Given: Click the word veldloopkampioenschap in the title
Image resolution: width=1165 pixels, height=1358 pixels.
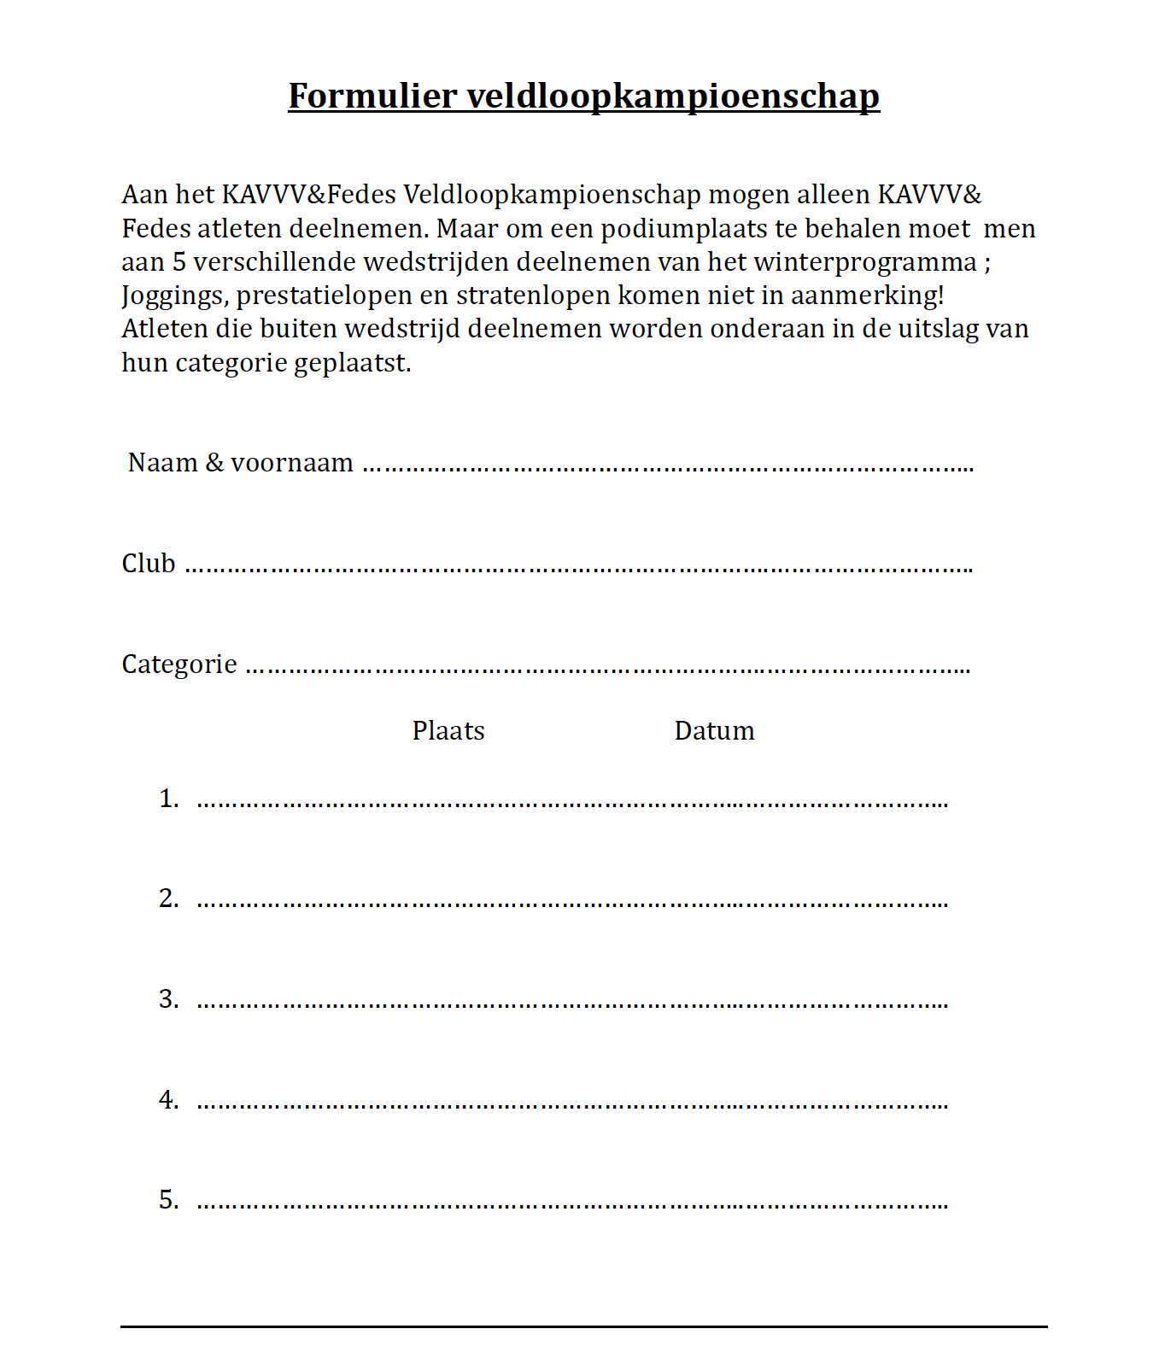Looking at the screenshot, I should pyautogui.click(x=673, y=96).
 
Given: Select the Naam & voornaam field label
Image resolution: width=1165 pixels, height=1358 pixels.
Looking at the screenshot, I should pyautogui.click(x=240, y=463).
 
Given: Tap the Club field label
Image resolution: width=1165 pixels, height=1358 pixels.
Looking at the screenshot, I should pyautogui.click(x=149, y=564).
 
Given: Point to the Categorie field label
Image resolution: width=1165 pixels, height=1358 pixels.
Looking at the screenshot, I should pyautogui.click(x=179, y=664).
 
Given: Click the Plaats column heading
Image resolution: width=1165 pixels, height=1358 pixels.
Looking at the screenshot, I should pyautogui.click(x=448, y=731).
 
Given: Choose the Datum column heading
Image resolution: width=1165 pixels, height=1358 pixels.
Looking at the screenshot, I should pyautogui.click(x=714, y=731).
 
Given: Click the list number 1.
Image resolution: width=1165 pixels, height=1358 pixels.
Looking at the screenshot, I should pyautogui.click(x=168, y=799).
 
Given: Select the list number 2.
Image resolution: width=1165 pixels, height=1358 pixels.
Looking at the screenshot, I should pyautogui.click(x=168, y=899).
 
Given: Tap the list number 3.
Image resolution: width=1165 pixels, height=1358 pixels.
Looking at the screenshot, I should pyautogui.click(x=168, y=999).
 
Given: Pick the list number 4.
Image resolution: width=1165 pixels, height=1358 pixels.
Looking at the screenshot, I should pyautogui.click(x=168, y=1100).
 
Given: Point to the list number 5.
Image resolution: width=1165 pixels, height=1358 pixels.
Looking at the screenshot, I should pyautogui.click(x=168, y=1200).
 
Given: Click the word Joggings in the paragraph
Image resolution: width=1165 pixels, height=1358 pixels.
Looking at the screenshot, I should pyautogui.click(x=175, y=296).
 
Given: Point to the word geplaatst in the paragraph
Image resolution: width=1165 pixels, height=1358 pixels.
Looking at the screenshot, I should pyautogui.click(x=352, y=363).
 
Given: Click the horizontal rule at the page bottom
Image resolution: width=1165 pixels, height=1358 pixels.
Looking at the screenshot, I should pyautogui.click(x=583, y=1326).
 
